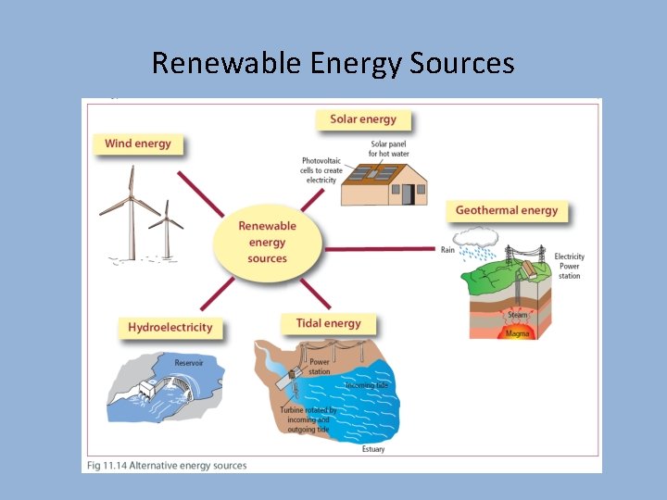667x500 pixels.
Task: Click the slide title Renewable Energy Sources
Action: point(333,63)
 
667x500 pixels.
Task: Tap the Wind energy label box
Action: point(137,144)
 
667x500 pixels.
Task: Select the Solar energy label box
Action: point(363,119)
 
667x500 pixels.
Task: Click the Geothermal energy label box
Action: point(507,210)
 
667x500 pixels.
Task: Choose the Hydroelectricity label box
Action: point(170,327)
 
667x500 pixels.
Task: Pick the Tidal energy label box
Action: point(328,323)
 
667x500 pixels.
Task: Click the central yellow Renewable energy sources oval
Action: point(267,242)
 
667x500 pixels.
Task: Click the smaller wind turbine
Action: point(167,230)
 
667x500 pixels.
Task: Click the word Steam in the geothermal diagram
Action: point(517,315)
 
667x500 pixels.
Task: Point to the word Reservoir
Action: point(189,362)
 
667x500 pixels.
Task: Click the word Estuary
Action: point(373,449)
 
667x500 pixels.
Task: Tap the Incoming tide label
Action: point(367,384)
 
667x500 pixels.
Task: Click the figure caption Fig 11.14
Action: point(167,465)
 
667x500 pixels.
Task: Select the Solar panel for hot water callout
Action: point(388,148)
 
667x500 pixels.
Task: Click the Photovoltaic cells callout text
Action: point(321,170)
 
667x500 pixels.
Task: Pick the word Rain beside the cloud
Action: point(447,249)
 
